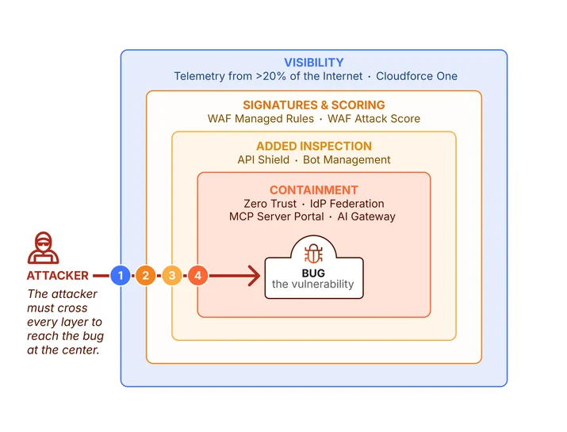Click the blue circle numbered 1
coord(121,276)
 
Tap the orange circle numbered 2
coord(145,276)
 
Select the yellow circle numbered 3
coord(172,276)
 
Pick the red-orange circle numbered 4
coord(197,276)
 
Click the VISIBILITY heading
coord(314,63)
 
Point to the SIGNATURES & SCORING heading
coord(314,105)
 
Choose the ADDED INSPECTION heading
coord(314,146)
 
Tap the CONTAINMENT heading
coord(314,190)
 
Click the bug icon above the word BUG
coord(313,254)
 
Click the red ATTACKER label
coord(58,276)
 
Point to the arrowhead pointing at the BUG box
coord(255,276)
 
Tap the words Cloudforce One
coord(416,76)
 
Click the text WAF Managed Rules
coord(261,119)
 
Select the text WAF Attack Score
coord(374,119)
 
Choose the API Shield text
coord(263,160)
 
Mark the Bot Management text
coord(347,160)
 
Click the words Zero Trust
coord(270,204)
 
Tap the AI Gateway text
coord(366,216)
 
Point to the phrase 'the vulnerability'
coord(313,284)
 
